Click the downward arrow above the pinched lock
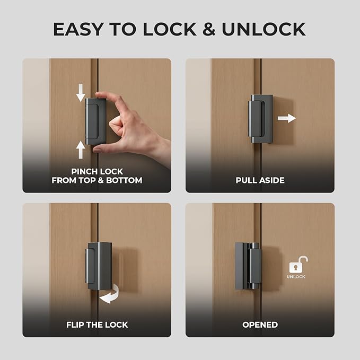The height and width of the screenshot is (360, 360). click(x=81, y=93)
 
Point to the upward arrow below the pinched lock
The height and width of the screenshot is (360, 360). click(x=81, y=150)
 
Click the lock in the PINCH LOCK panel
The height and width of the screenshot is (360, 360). click(x=95, y=121)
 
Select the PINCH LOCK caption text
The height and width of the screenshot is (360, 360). click(x=97, y=171)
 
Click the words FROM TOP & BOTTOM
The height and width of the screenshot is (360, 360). click(x=97, y=180)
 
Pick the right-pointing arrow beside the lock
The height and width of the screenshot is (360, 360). click(x=287, y=118)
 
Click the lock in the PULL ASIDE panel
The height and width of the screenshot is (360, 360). click(x=260, y=119)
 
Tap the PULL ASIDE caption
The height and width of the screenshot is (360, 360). click(x=260, y=180)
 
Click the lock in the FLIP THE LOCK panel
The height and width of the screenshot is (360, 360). click(x=99, y=266)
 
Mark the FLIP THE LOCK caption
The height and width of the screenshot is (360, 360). click(x=97, y=324)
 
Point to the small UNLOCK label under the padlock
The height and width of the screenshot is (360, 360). click(x=296, y=277)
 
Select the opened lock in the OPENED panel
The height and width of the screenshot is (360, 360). click(x=248, y=266)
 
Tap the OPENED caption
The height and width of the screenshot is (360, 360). click(x=260, y=324)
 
